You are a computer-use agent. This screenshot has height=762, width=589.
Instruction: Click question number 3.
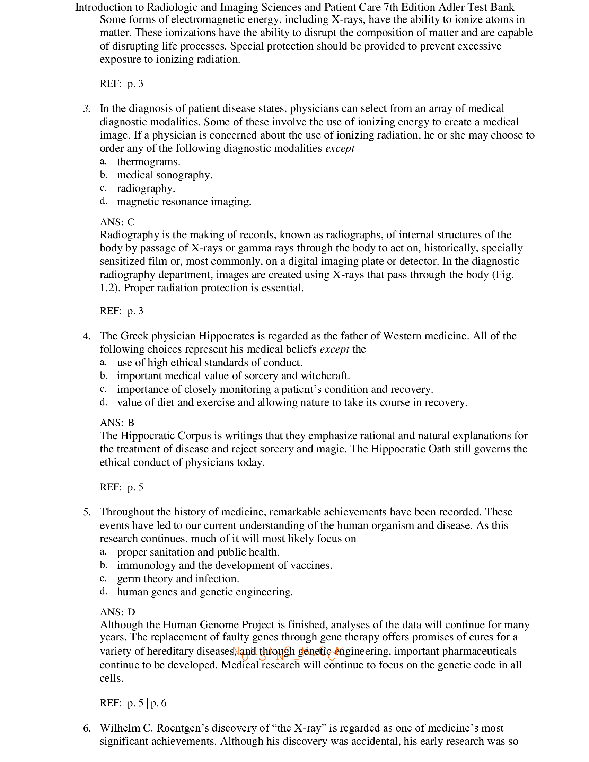click(87, 109)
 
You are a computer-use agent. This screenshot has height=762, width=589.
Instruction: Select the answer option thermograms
click(148, 162)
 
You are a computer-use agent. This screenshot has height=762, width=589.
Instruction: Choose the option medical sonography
click(165, 175)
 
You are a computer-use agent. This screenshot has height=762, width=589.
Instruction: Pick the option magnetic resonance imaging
click(184, 202)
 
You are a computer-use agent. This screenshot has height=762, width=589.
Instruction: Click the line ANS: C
click(117, 222)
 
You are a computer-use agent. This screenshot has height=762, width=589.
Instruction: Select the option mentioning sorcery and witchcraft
click(233, 376)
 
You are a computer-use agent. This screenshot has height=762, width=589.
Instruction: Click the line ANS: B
click(117, 423)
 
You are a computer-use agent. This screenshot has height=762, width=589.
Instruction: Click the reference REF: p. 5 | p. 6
click(133, 703)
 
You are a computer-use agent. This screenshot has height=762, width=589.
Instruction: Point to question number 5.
click(87, 512)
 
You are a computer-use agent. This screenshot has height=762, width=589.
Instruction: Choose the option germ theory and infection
click(178, 579)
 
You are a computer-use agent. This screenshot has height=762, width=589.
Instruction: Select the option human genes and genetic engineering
click(205, 592)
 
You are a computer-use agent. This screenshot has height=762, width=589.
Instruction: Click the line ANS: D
click(117, 612)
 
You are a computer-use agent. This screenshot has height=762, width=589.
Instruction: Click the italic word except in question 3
click(340, 149)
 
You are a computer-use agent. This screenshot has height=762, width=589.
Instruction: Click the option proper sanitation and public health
click(198, 552)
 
